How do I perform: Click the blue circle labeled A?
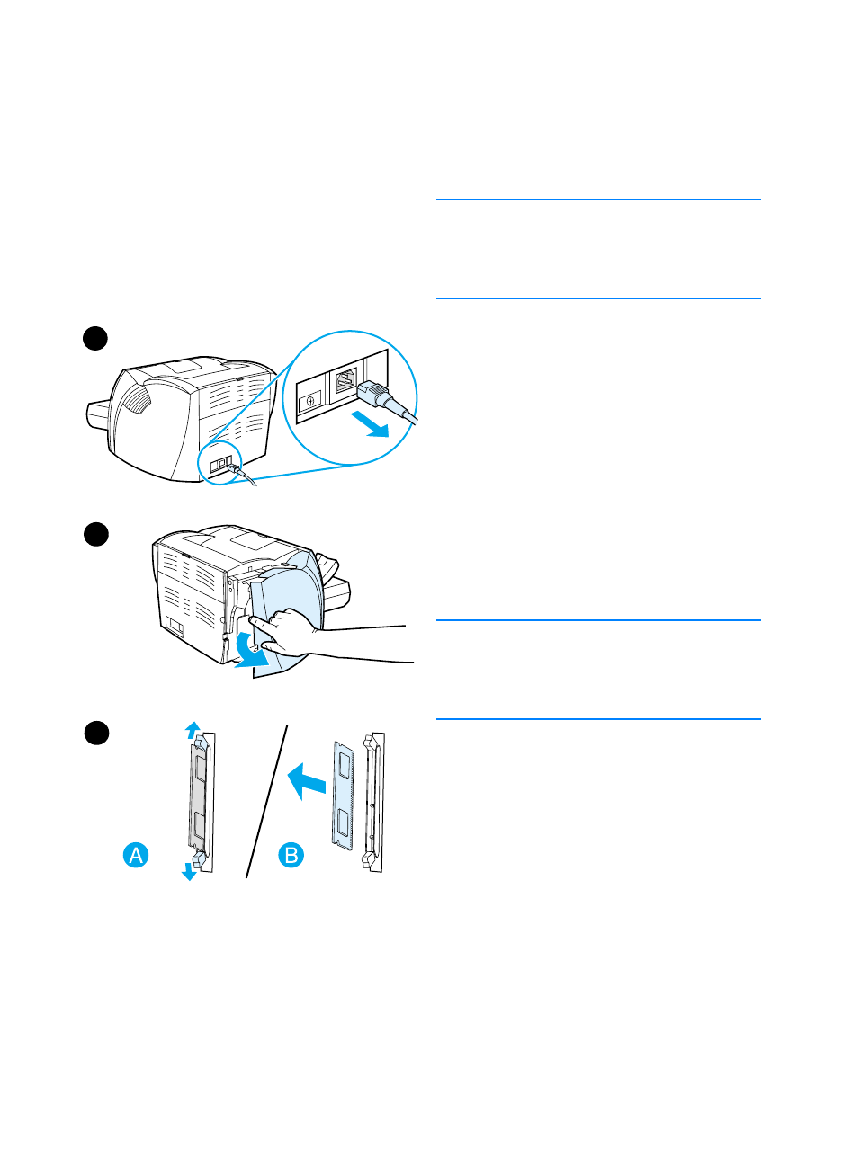pyautogui.click(x=136, y=855)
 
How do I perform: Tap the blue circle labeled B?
pyautogui.click(x=291, y=855)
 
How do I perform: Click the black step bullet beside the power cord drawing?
pyautogui.click(x=95, y=338)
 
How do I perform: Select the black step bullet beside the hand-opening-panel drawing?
pyautogui.click(x=95, y=534)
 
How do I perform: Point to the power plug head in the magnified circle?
pyautogui.click(x=374, y=396)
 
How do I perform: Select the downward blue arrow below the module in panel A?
pyautogui.click(x=189, y=870)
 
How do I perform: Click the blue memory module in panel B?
pyautogui.click(x=343, y=791)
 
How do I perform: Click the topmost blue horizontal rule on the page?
pyautogui.click(x=598, y=200)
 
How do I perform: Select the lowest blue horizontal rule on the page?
pyautogui.click(x=598, y=719)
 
